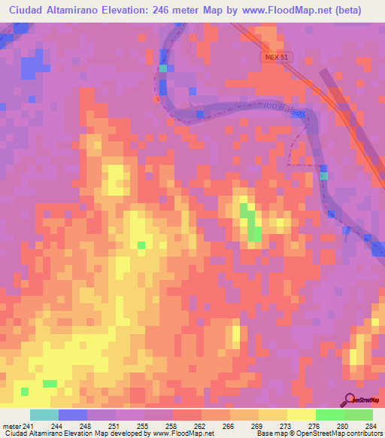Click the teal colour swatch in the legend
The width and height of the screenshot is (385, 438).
(44, 415)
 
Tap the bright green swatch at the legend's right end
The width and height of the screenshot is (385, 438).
(359, 415)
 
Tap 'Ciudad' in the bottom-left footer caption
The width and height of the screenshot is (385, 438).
(15, 433)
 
